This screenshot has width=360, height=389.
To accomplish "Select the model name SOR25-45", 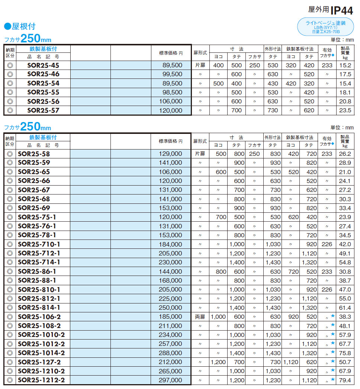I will (43, 65).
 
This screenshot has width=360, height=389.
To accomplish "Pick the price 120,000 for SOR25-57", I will (172, 110).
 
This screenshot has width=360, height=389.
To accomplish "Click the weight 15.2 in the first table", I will (345, 65).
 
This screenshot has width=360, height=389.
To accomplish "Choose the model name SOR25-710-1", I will (39, 244).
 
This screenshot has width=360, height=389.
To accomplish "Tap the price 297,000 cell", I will (172, 380).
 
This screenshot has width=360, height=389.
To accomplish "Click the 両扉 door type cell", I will (200, 317).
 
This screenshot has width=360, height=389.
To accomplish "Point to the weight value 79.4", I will (345, 380).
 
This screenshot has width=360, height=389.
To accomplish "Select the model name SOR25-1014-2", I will (41, 353).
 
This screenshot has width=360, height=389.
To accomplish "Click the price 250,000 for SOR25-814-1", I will (172, 308).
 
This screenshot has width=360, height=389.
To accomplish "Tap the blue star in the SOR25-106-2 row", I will (332, 316).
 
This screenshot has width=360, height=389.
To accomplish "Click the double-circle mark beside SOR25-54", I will (10, 83).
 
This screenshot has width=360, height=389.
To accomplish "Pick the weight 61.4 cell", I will (345, 308).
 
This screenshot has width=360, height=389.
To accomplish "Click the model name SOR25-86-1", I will (37, 271).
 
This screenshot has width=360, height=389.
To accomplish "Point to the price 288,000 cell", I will (172, 353).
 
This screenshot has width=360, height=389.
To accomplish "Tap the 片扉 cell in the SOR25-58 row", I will (200, 154).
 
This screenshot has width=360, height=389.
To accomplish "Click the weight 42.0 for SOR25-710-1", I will (345, 244).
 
